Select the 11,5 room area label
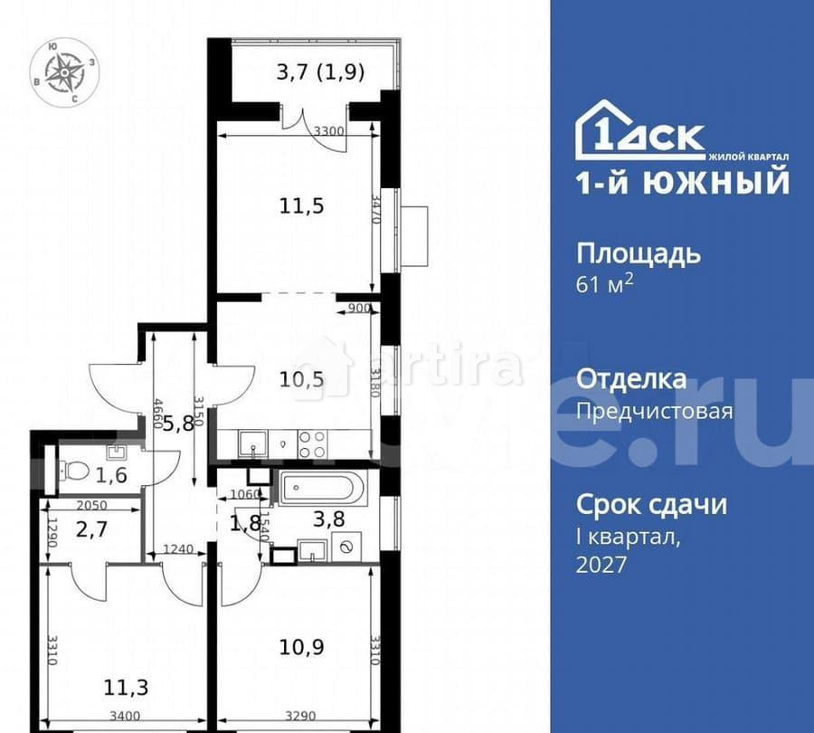coord(300,205)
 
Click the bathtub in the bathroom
coord(322,490)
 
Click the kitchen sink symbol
coord(252,443)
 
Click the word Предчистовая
coord(654,412)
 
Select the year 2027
coord(601,565)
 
